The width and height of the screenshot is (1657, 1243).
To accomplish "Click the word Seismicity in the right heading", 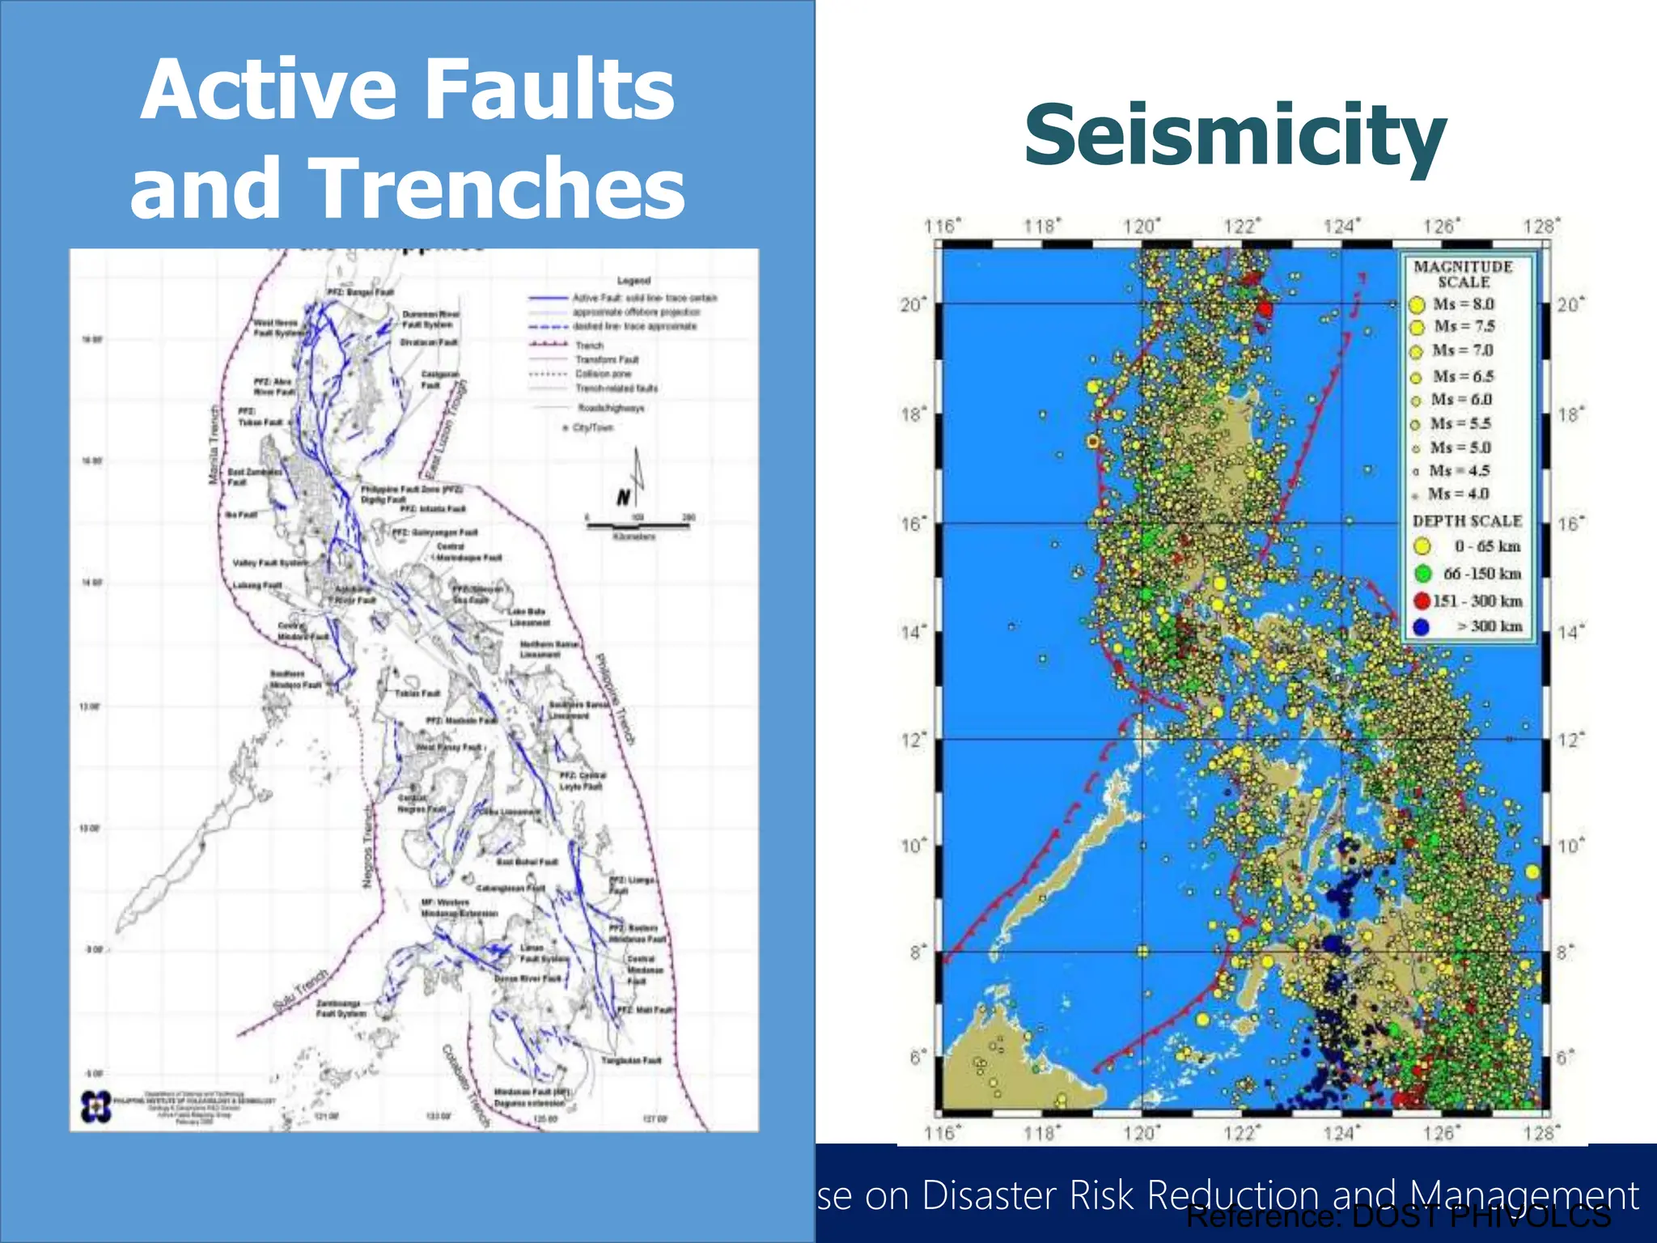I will (x=1235, y=136).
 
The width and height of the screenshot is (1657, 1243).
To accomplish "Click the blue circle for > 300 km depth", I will (x=1421, y=626).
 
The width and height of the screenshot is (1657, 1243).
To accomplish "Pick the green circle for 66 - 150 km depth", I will (x=1422, y=574).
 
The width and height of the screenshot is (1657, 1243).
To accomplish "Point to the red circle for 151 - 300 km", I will (x=1422, y=600).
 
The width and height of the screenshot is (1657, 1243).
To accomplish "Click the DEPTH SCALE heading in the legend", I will (x=1467, y=521).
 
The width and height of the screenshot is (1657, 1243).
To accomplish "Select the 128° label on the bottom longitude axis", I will (x=1540, y=1133).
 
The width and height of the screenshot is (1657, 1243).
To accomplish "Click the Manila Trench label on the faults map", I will (x=214, y=444).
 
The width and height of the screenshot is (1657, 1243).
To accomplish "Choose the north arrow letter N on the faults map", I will (x=623, y=498).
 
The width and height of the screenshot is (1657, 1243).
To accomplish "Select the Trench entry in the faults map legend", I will (x=588, y=346).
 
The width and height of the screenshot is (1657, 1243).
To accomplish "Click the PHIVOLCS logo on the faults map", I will (x=95, y=1105).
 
